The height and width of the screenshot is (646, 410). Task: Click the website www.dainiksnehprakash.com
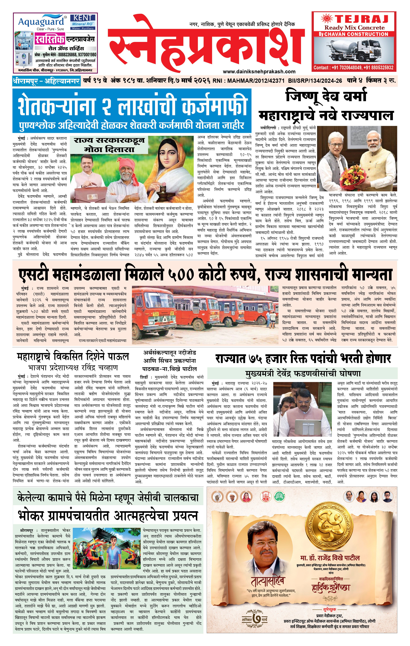coord(259,71)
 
